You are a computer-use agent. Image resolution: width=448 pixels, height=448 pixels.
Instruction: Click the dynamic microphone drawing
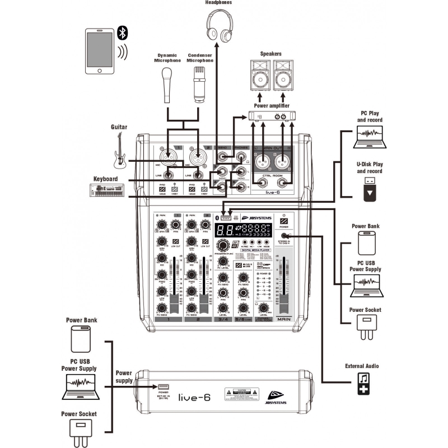point(167,83)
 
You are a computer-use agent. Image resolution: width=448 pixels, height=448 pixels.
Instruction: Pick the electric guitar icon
point(119,151)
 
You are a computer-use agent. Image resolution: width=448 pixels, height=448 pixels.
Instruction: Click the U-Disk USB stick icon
point(370,188)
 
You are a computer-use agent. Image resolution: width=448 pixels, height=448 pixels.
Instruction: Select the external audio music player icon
point(364,384)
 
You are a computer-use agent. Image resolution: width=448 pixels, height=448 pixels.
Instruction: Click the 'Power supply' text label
point(123,376)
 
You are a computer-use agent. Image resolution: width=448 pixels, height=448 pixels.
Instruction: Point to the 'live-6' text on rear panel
point(193,397)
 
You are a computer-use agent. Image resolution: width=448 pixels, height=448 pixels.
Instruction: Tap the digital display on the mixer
point(241,229)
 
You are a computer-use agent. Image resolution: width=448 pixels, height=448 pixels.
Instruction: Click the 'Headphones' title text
point(219,3)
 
